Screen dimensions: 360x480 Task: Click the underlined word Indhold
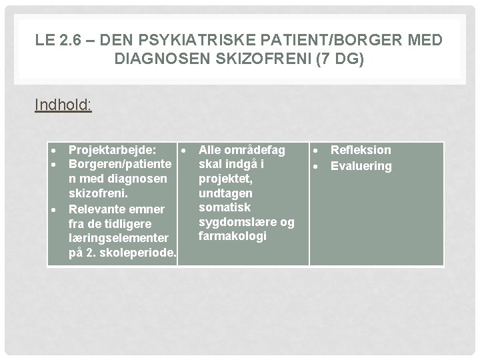click(x=63, y=105)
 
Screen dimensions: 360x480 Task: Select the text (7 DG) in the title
click(x=339, y=59)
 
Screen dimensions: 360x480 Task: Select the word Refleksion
click(x=361, y=151)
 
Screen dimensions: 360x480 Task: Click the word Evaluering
click(x=361, y=165)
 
